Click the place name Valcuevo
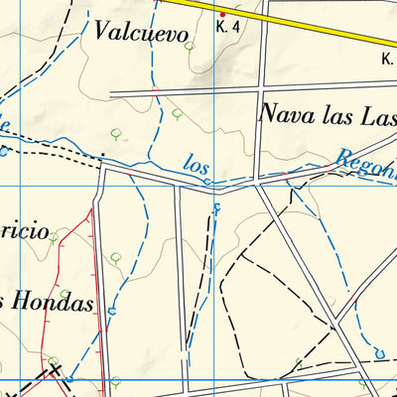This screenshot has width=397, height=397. (141, 33)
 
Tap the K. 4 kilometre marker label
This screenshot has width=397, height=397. (227, 27)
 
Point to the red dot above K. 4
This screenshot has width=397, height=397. (222, 14)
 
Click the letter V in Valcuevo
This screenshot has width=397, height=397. (103, 32)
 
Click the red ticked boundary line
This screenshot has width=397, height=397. (91, 268)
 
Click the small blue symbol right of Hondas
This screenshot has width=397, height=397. (112, 312)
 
